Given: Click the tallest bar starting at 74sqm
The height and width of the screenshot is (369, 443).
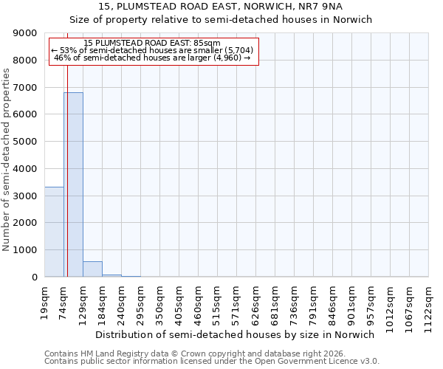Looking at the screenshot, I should point(73,184).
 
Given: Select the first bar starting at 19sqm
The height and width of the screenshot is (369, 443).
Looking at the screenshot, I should point(54,232).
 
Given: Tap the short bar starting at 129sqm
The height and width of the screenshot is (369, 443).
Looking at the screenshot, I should point(92,269).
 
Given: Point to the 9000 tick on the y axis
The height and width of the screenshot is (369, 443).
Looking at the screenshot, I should point(26,33).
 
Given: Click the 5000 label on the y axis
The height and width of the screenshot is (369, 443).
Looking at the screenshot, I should point(26,142).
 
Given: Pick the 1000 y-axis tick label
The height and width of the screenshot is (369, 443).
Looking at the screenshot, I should point(26,250).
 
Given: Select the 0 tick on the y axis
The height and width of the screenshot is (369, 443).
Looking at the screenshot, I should point(34,277).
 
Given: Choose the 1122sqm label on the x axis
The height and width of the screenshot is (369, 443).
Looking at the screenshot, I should point(429,303).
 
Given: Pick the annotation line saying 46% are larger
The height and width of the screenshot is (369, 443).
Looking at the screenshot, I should point(153,58).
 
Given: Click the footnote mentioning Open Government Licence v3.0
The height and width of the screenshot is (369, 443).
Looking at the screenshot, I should point(211,362).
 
